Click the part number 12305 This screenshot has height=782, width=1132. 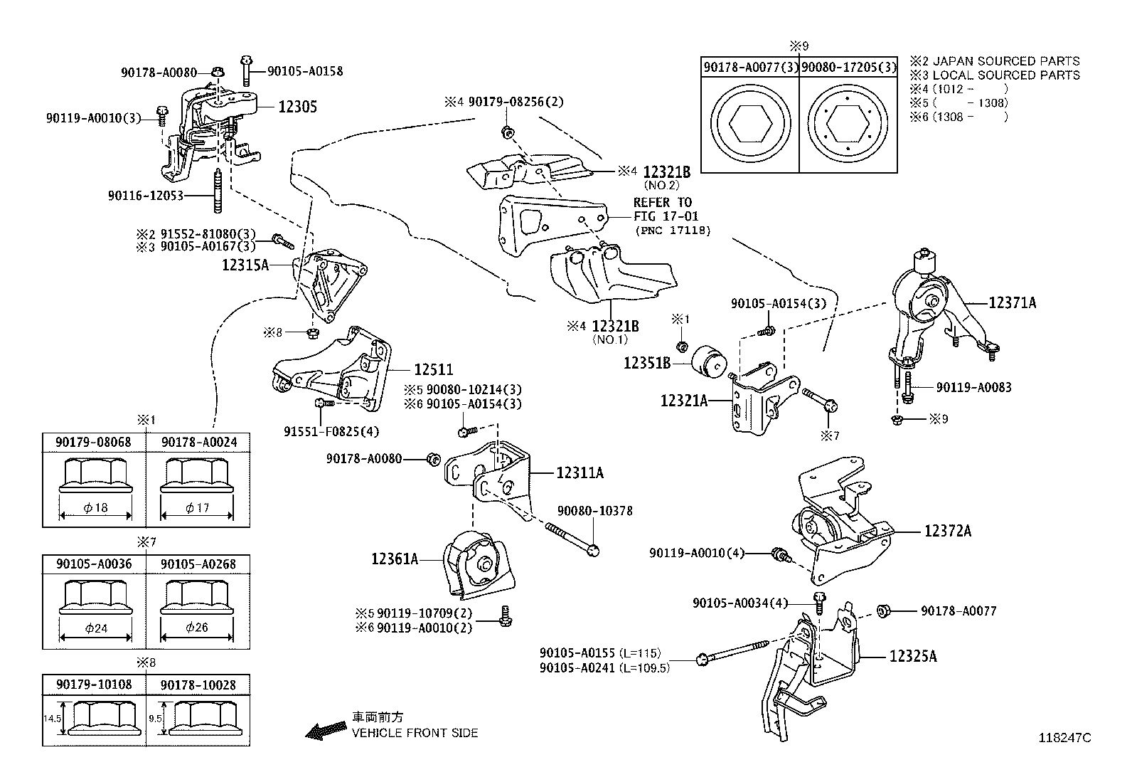point(298,107)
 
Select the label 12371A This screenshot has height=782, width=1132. point(1013,303)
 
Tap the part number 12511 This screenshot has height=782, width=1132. point(434,370)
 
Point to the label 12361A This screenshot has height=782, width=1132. point(395,559)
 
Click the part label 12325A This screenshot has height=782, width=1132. point(913,656)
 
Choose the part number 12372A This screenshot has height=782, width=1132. point(948,531)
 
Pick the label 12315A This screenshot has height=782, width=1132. point(245,265)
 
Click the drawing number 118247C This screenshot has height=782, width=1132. point(1064,738)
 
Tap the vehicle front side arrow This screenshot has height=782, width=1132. point(326,730)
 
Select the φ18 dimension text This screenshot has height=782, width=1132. point(95,507)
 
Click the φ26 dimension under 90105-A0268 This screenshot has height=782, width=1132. point(197,627)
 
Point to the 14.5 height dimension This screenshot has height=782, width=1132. point(52,718)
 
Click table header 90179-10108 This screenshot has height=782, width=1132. point(94,685)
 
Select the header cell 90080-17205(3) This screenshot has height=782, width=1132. point(849,67)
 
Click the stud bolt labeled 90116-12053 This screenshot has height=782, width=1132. point(218,191)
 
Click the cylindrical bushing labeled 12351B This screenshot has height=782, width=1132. point(708,362)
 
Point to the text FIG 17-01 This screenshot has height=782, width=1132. point(666,216)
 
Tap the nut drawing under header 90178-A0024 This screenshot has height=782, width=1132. point(197,475)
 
